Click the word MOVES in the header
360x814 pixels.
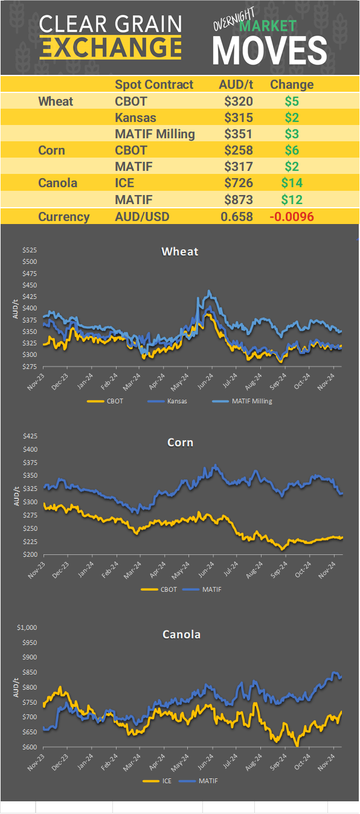(x=269, y=49)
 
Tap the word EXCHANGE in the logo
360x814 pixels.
(x=111, y=47)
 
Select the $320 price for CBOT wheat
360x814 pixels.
(x=238, y=101)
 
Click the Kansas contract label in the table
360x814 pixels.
(x=135, y=117)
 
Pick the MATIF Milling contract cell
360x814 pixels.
(x=155, y=133)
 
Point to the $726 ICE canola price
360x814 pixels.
(x=238, y=182)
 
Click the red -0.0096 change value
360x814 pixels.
(x=291, y=217)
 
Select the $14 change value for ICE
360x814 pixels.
(x=292, y=182)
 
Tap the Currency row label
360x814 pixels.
(x=64, y=217)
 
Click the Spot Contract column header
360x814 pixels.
(x=154, y=85)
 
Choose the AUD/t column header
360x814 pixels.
(x=236, y=85)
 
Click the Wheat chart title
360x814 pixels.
(x=179, y=251)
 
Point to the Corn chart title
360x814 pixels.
(x=180, y=443)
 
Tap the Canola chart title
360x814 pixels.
(x=181, y=634)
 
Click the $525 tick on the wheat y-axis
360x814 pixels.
(x=30, y=250)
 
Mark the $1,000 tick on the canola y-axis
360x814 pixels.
(x=27, y=627)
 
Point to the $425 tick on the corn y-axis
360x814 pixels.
(x=30, y=436)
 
